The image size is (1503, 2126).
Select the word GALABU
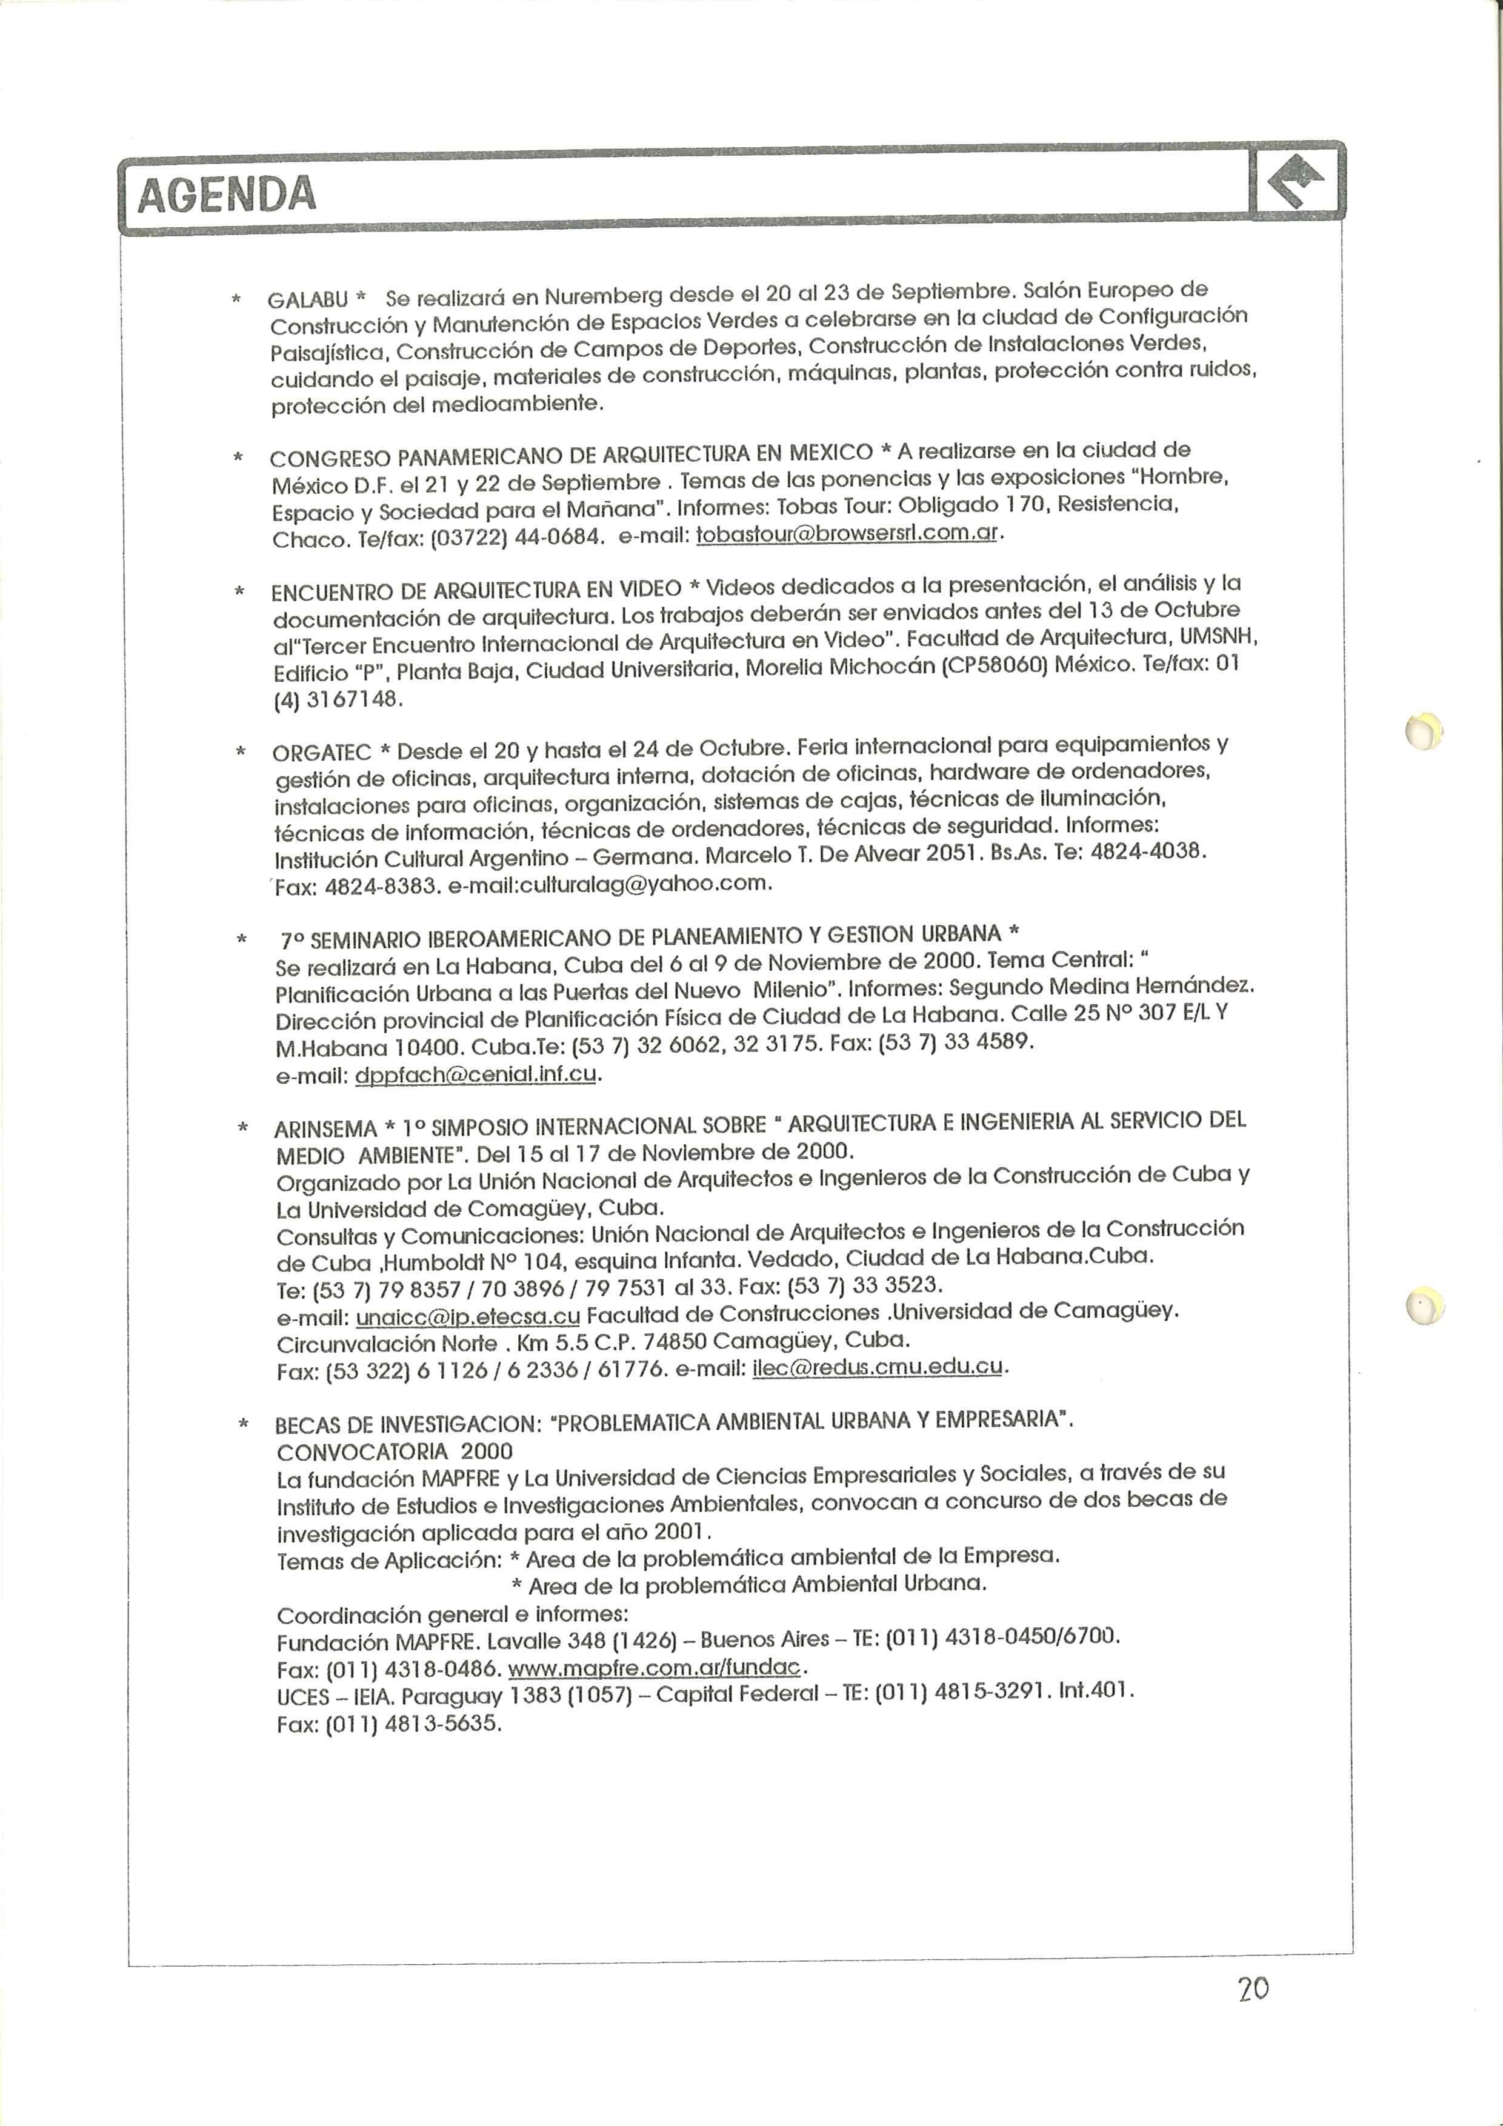coord(307,300)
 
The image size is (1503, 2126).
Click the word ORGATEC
coord(321,752)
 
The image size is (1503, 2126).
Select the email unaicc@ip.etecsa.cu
coord(468,1316)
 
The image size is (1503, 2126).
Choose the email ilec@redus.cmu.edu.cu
coord(878,1366)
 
